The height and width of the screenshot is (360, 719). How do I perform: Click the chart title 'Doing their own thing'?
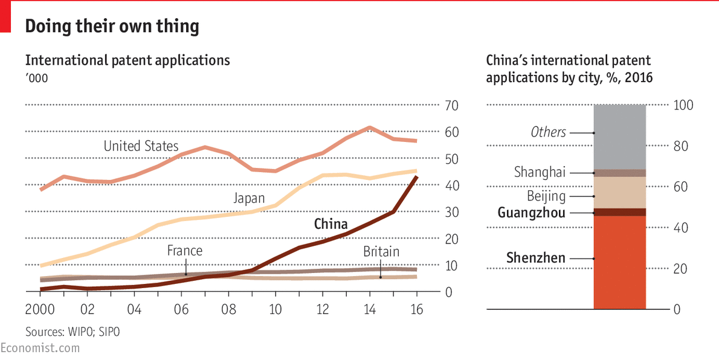point(111,27)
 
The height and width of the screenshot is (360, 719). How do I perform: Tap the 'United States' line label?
point(141,146)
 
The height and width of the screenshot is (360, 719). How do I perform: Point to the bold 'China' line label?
point(330,224)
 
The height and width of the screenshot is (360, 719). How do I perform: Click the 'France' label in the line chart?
point(185,250)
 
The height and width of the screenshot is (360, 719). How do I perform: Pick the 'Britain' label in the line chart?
point(381,251)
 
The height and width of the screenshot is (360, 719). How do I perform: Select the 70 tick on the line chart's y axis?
point(451,106)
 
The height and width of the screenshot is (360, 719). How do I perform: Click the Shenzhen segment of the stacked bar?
point(620,262)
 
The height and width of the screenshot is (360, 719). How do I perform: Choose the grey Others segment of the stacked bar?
point(620,137)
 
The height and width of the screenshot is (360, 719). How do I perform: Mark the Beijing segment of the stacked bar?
point(620,192)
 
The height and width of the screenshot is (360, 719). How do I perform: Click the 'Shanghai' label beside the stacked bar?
point(540,172)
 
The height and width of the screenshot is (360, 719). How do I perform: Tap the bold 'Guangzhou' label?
point(532,213)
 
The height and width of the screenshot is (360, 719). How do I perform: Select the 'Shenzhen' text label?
point(536,259)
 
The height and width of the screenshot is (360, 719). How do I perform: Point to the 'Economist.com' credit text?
point(40,348)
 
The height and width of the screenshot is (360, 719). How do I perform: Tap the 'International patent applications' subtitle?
point(127,60)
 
